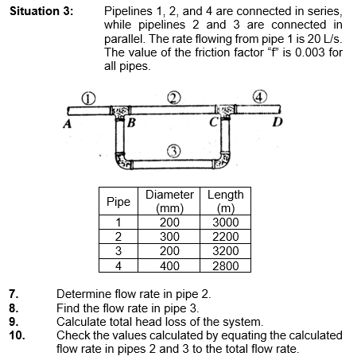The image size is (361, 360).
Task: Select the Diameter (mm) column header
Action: pyautogui.click(x=169, y=202)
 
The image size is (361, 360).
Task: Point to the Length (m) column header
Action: pyautogui.click(x=224, y=202)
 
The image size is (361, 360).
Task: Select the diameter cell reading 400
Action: pyautogui.click(x=169, y=265)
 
